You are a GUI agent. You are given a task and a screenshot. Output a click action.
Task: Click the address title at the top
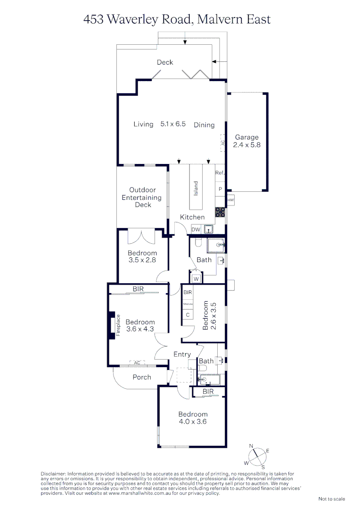pos(177,19)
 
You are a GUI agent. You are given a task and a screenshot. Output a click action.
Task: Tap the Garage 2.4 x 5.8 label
pos(246,141)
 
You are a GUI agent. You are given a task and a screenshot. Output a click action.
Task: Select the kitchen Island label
pos(196,188)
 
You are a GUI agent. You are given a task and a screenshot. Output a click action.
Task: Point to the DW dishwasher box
pos(196,230)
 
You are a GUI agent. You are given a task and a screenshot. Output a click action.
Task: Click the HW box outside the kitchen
pos(230,200)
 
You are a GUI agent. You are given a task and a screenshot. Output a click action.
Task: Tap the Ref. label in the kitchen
pos(219,173)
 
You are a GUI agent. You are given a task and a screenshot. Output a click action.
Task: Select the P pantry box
pos(220,189)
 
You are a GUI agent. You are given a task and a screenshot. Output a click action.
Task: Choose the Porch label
pos(142,377)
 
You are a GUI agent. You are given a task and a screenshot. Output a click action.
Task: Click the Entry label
pos(182,354)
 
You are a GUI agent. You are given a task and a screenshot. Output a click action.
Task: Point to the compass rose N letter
pos(251,446)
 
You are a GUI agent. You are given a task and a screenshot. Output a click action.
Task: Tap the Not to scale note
pos(332,499)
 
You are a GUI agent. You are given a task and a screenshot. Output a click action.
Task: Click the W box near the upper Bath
pos(196,279)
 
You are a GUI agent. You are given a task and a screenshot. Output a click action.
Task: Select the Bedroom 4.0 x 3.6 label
pos(193,418)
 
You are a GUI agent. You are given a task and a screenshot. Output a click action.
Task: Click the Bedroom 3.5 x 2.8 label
pos(142,256)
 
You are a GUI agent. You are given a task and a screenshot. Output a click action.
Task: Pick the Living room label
pos(143,124)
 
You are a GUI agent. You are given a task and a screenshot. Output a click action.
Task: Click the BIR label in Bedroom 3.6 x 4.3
pos(138,289)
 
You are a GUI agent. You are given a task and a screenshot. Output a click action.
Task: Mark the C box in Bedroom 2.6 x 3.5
pos(187,314)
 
